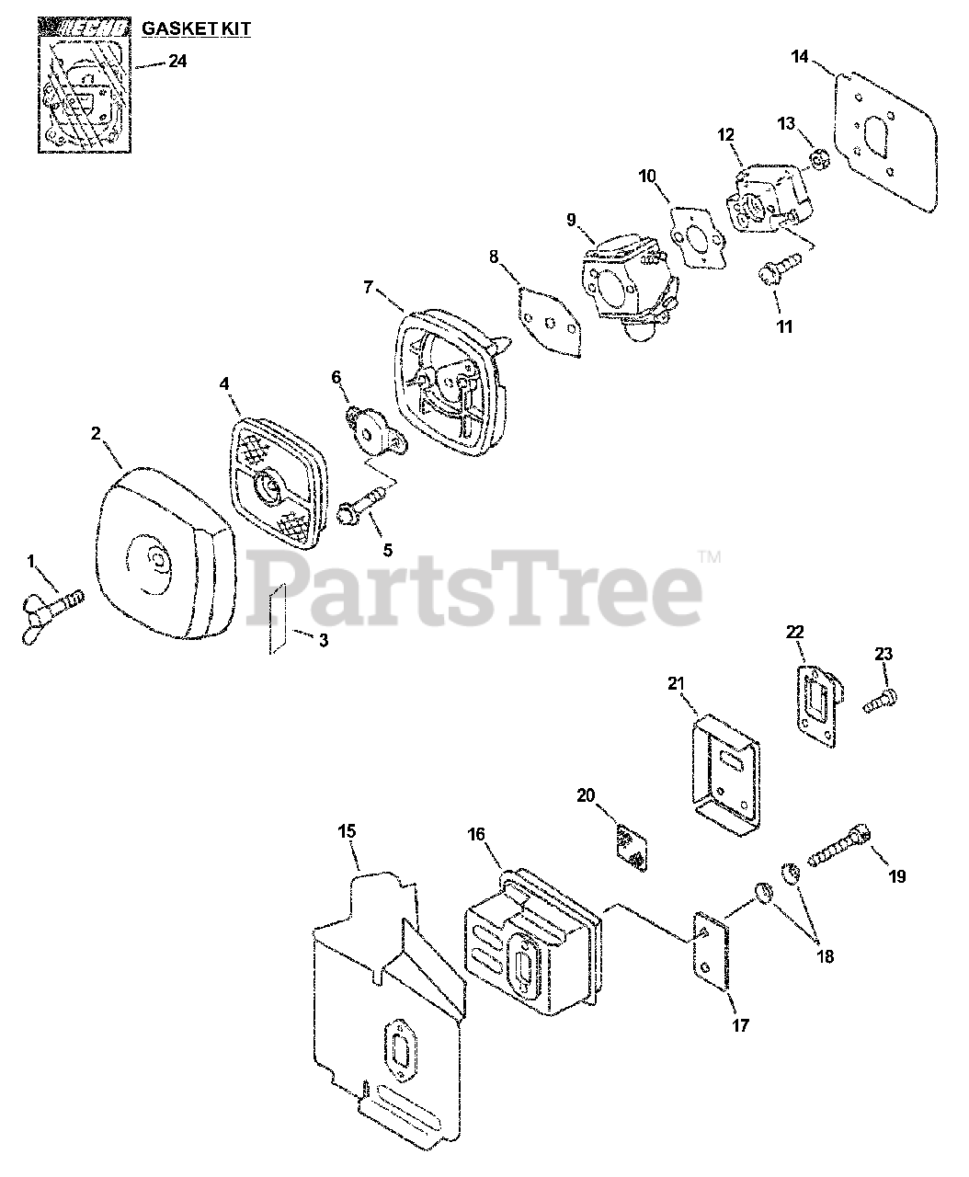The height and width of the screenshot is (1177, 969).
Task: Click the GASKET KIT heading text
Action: [x=195, y=29]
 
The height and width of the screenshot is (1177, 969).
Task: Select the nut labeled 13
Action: [x=816, y=162]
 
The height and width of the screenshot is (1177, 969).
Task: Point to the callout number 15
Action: [x=348, y=832]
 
